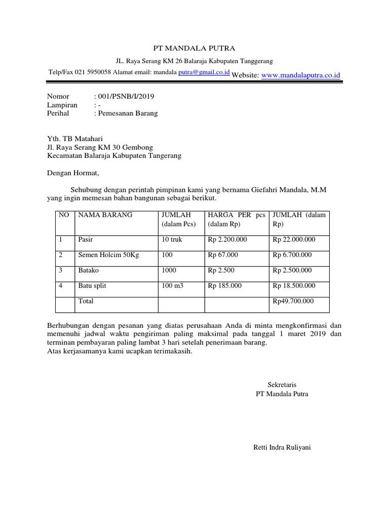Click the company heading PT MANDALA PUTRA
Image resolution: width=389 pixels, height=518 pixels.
(194, 49)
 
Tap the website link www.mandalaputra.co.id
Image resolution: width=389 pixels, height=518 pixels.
(301, 75)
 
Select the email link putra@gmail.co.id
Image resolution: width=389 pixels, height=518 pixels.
(204, 72)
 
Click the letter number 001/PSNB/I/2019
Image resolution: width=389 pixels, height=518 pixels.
(119, 96)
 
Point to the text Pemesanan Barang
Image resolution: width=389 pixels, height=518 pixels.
(128, 113)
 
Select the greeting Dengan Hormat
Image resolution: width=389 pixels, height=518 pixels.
(74, 173)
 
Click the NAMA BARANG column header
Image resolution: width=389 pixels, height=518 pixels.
(105, 215)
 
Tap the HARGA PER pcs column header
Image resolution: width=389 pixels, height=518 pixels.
(237, 215)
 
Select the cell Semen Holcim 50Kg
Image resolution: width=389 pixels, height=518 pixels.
(108, 255)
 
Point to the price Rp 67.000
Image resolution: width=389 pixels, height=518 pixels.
(223, 255)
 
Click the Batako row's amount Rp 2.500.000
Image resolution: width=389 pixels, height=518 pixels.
(294, 271)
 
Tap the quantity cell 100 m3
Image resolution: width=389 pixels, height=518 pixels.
(172, 286)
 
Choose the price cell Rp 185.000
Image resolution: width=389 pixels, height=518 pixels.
(225, 286)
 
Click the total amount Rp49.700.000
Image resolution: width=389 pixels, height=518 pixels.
(293, 301)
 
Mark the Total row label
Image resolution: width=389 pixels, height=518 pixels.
(86, 301)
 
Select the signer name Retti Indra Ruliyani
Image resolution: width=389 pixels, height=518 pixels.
(282, 447)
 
